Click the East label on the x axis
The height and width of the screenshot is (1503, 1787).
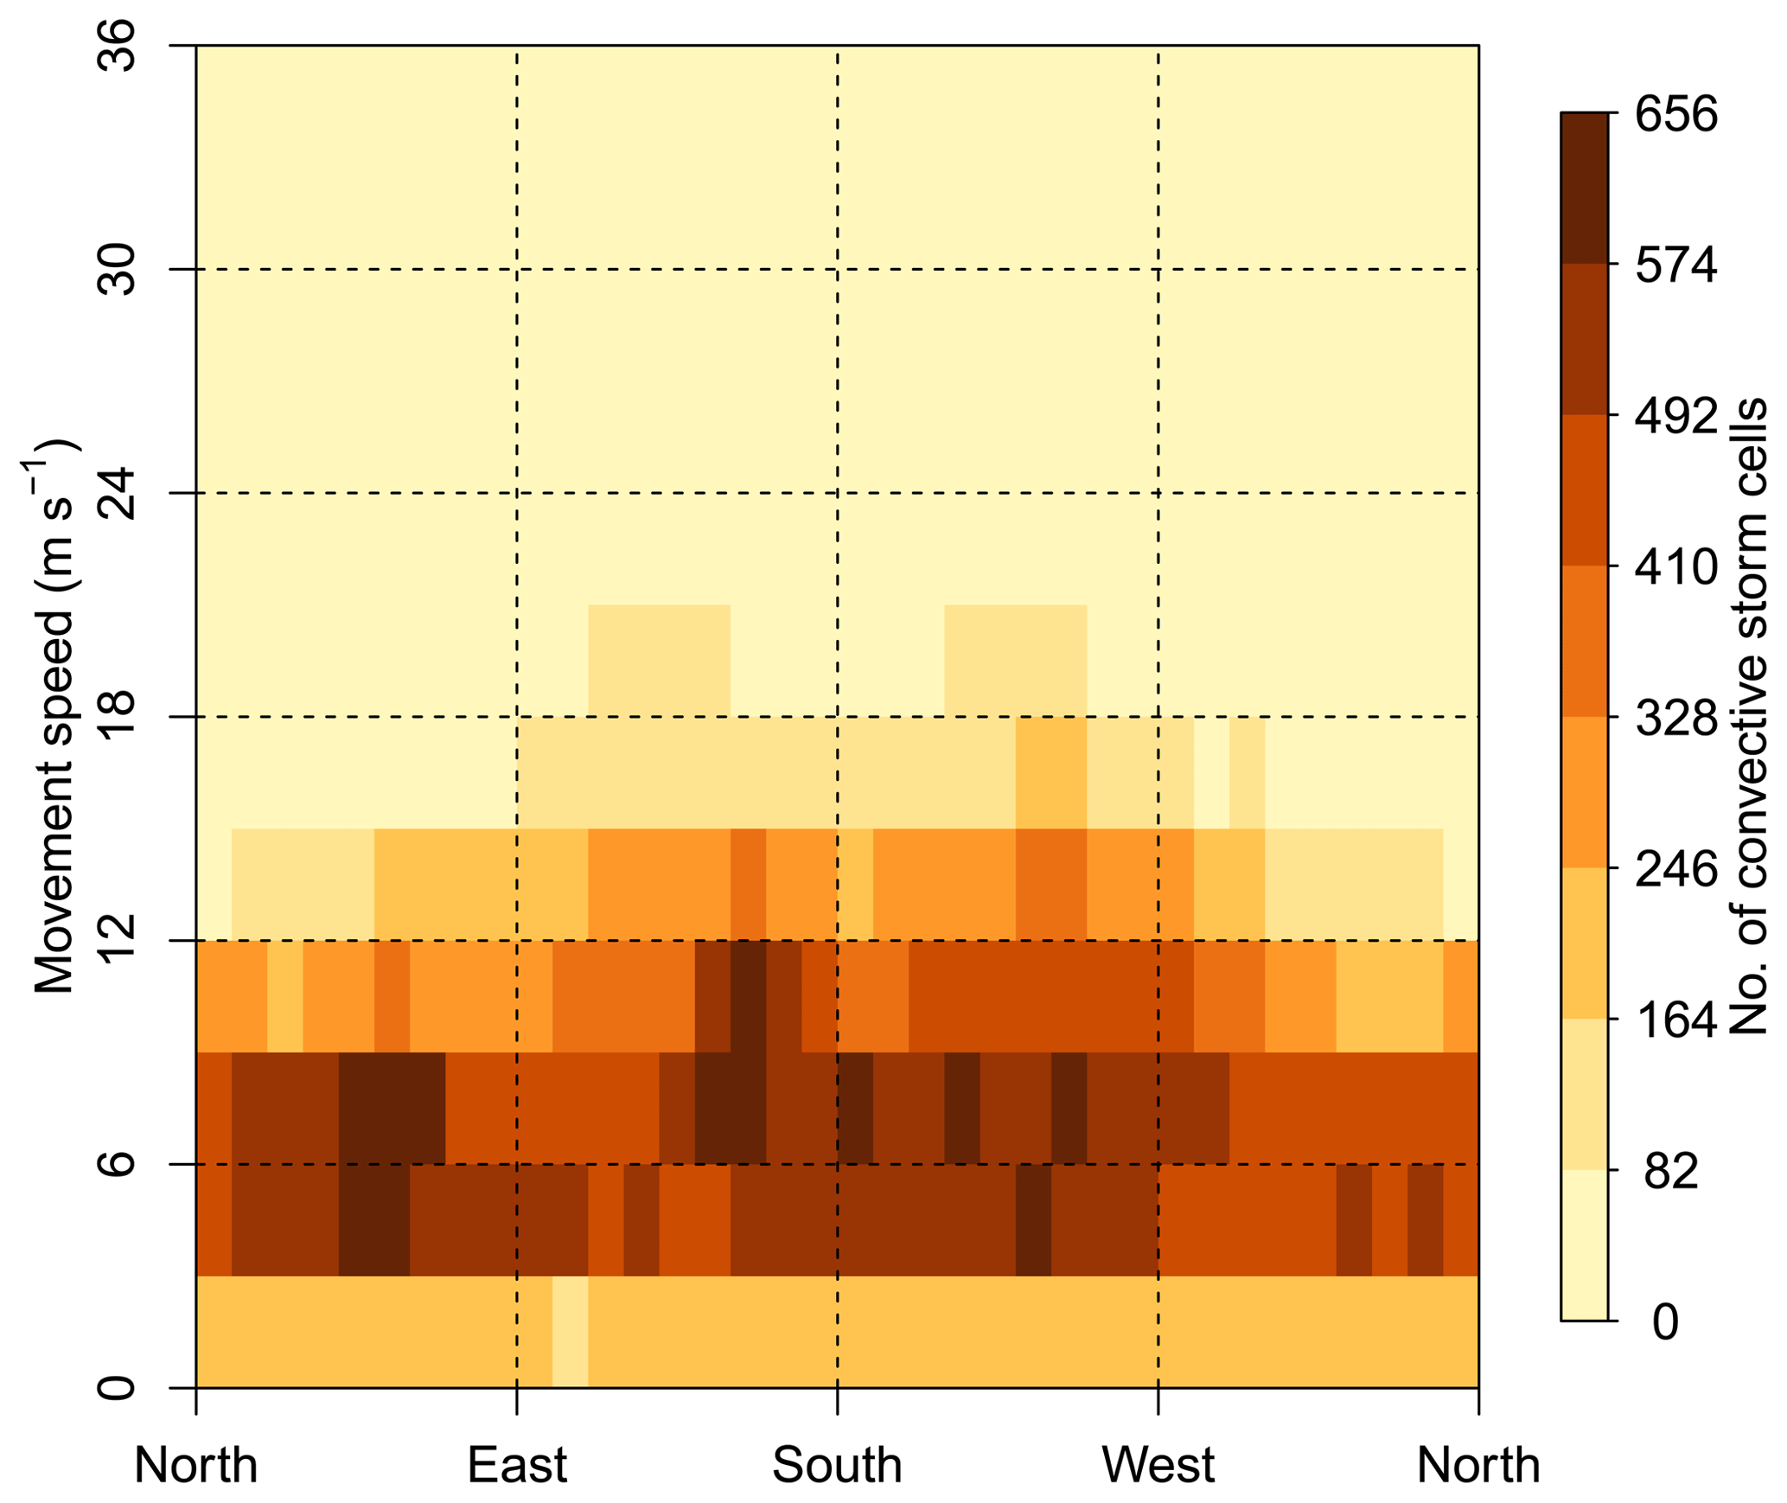(516, 1465)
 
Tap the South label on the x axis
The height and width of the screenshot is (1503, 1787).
(836, 1465)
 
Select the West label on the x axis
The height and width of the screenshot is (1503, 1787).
(1157, 1465)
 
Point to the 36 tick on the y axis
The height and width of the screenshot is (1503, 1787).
(117, 46)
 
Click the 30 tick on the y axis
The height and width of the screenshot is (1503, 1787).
(117, 269)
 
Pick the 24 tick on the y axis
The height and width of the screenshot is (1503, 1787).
(117, 493)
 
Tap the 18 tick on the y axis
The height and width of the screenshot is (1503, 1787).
(117, 716)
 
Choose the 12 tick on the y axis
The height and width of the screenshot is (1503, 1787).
(117, 940)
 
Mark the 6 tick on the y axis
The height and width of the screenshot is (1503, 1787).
(117, 1164)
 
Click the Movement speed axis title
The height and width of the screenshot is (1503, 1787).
(54, 718)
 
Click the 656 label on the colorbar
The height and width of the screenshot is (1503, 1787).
(1675, 114)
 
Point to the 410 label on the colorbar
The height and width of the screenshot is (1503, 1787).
(1675, 567)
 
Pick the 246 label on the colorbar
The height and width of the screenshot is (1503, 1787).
(1675, 869)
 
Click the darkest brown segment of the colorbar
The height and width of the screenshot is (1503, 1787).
(1584, 188)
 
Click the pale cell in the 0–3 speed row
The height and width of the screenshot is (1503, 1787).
(570, 1332)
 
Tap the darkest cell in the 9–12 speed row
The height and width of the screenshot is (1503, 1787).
(748, 995)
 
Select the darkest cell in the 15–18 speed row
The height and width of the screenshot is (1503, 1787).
(1050, 772)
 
